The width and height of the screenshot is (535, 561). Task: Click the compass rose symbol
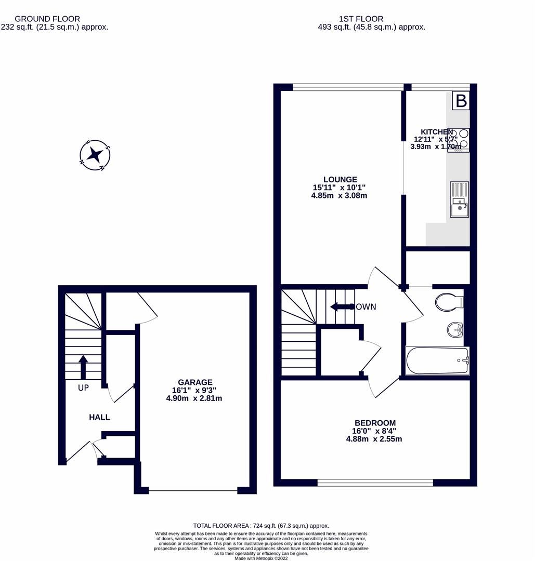tap(95, 155)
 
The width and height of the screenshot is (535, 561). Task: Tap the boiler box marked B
tap(461, 101)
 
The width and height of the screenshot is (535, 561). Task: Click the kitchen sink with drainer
tap(459, 199)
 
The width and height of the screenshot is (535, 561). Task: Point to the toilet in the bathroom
tap(448, 302)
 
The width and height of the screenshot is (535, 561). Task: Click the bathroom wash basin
tap(455, 329)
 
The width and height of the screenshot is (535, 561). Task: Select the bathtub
tap(437, 360)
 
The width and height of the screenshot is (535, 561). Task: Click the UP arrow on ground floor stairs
tap(83, 367)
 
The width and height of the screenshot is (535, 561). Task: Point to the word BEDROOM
tap(374, 423)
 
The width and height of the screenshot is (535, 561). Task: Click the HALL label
tap(99, 417)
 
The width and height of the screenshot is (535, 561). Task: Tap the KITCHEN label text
tap(437, 132)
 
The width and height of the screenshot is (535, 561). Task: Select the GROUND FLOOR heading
tap(47, 19)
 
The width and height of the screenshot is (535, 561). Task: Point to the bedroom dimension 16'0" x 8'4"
tap(374, 431)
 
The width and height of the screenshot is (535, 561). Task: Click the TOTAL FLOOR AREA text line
tap(267, 525)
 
